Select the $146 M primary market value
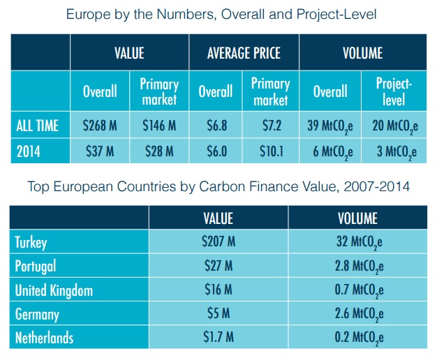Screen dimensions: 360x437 coord(159,126)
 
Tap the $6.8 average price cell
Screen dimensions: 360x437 coord(215,126)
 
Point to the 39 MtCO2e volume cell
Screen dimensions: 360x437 coord(329,127)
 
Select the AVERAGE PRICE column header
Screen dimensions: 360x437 coord(244,53)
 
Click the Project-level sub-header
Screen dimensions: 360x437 coord(394,91)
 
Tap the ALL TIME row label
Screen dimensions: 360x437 coord(38,127)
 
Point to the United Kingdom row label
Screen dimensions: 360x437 coord(54,290)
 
